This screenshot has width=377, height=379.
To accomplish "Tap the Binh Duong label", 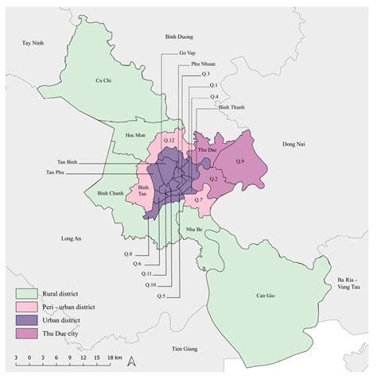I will pos(180,37).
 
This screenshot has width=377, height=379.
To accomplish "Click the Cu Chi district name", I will pos(102,80).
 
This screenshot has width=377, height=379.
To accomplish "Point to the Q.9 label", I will pos(242,162).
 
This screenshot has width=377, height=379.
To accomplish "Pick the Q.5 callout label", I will pos(161,296).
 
